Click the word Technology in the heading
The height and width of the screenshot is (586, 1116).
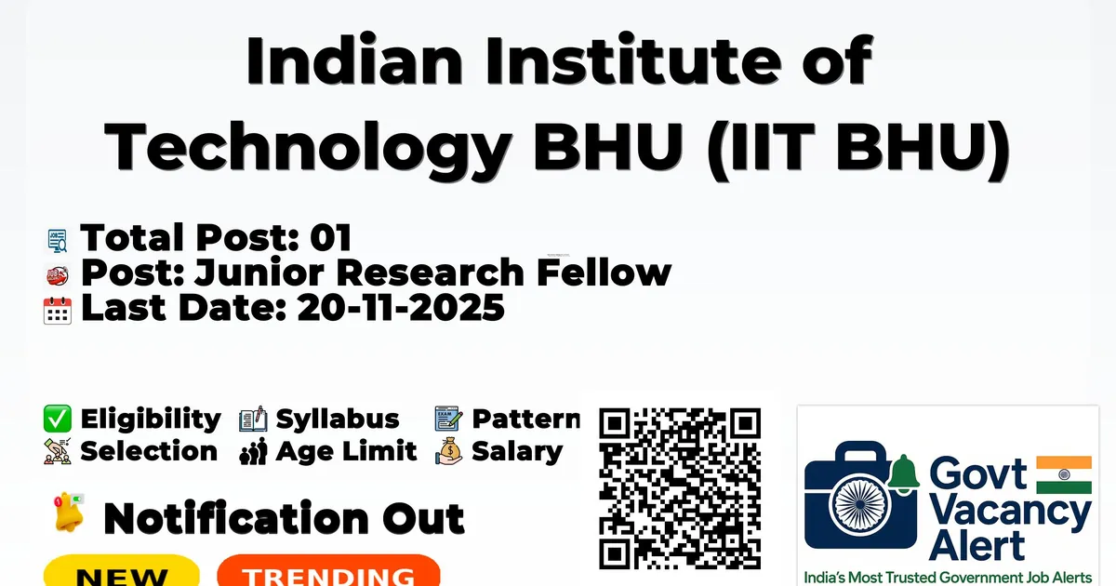click(308, 148)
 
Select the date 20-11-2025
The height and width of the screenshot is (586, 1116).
click(401, 308)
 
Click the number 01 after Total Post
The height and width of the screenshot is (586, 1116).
click(331, 237)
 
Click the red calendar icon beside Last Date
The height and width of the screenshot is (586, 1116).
click(58, 311)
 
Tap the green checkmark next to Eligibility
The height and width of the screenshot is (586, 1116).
click(58, 419)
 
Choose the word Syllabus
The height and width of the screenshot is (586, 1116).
click(338, 420)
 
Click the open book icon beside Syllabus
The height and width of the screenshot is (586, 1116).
click(253, 420)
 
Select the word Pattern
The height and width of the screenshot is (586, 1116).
click(526, 419)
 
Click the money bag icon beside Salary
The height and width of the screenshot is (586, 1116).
click(449, 451)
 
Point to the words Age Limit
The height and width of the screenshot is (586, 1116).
click(346, 451)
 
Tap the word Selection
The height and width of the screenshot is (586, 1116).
click(149, 451)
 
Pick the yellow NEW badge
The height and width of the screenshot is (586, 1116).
click(122, 571)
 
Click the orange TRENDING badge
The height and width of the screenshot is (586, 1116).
click(329, 571)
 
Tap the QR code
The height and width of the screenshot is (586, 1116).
click(680, 489)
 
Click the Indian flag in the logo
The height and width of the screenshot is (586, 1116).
click(1064, 474)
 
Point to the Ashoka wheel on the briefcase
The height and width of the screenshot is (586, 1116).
click(860, 504)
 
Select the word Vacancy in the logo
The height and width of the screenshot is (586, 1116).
click(1010, 513)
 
